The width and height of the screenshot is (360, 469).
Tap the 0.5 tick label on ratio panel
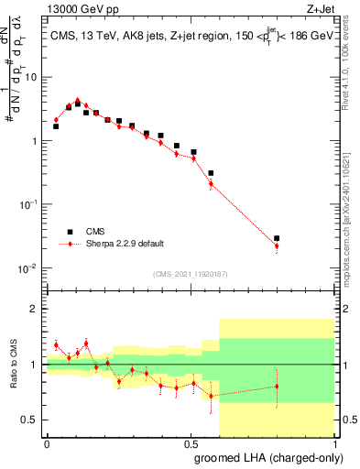pyautogui.click(x=30, y=420)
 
